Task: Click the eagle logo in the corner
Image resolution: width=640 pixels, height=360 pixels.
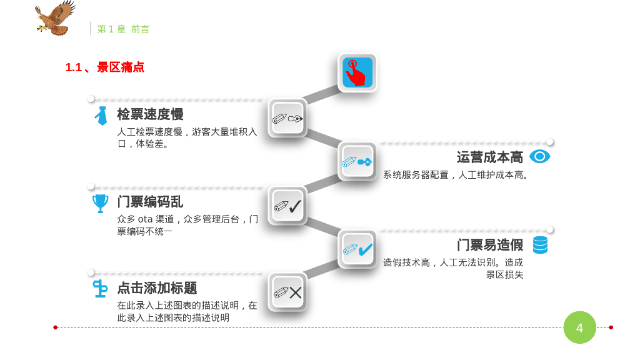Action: pyautogui.click(x=54, y=18)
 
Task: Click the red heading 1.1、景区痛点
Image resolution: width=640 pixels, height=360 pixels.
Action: pyautogui.click(x=105, y=67)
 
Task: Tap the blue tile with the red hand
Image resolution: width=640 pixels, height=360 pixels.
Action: pyautogui.click(x=357, y=72)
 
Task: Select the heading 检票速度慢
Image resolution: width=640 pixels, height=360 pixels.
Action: pyautogui.click(x=150, y=114)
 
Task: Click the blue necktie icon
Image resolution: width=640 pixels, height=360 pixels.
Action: pyautogui.click(x=101, y=116)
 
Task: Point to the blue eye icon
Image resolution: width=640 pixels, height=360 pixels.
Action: pyautogui.click(x=539, y=156)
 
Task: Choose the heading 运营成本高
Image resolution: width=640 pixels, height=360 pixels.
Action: pyautogui.click(x=490, y=157)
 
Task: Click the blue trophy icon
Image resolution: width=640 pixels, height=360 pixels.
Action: pyautogui.click(x=100, y=203)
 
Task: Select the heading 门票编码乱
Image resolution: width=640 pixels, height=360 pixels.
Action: pyautogui.click(x=150, y=202)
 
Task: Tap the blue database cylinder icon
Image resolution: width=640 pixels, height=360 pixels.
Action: pyautogui.click(x=540, y=244)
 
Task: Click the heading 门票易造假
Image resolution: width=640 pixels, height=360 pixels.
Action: pyautogui.click(x=490, y=245)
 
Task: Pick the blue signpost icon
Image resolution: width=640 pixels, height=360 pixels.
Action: pyautogui.click(x=100, y=288)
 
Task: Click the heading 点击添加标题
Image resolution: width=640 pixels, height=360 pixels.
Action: pyautogui.click(x=157, y=288)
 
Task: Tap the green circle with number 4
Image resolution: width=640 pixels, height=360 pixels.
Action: pyautogui.click(x=579, y=327)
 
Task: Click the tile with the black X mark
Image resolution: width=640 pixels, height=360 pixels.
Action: pyautogui.click(x=287, y=292)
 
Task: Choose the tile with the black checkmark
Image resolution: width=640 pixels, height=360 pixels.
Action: pyautogui.click(x=287, y=206)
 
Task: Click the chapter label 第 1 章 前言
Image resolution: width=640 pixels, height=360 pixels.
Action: pyautogui.click(x=123, y=29)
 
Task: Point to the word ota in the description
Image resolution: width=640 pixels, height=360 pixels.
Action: pyautogui.click(x=145, y=219)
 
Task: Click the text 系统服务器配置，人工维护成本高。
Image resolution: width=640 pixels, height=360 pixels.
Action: pyautogui.click(x=457, y=175)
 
